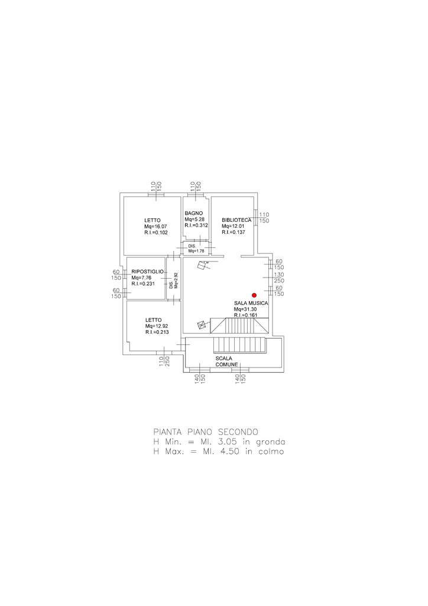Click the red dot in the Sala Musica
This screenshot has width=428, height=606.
click(254, 295)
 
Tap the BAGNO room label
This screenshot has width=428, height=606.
click(193, 213)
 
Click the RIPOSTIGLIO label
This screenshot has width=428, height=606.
click(147, 272)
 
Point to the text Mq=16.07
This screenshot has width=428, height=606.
click(155, 227)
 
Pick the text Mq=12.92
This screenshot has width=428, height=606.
click(157, 326)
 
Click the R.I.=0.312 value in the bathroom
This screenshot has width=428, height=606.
click(196, 225)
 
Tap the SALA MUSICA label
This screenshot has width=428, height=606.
click(251, 304)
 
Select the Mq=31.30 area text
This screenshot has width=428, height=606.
click(245, 309)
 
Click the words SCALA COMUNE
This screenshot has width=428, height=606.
click(226, 362)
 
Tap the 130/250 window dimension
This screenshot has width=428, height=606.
click(279, 278)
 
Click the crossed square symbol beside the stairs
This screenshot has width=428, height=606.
click(202, 325)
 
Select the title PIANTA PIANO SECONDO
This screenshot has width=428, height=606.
click(206, 431)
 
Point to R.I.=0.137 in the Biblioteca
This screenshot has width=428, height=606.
click(234, 232)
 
